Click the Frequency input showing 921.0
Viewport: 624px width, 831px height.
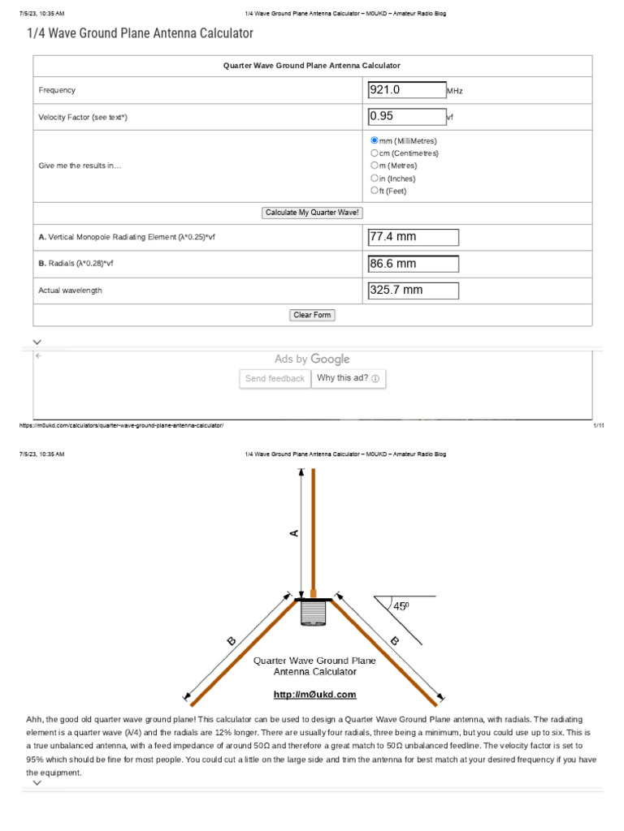tap(407, 90)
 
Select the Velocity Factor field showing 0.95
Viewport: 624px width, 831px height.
tap(407, 116)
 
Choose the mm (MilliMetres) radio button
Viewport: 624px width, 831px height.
tap(375, 140)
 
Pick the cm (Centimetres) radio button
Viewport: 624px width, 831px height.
tap(375, 153)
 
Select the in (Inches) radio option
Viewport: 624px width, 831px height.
tap(375, 178)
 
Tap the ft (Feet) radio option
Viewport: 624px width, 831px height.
tap(375, 191)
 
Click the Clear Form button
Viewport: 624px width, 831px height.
tap(312, 315)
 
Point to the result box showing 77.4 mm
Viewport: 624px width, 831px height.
tap(414, 237)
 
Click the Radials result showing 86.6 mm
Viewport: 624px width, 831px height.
tap(414, 264)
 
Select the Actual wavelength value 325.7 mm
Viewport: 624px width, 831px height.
tap(414, 291)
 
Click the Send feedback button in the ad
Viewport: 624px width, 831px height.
tap(275, 378)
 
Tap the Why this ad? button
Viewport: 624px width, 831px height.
tap(348, 378)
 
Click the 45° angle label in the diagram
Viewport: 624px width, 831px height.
tap(401, 606)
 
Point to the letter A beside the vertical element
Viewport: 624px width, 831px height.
tap(294, 533)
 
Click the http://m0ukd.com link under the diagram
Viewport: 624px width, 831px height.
tap(314, 695)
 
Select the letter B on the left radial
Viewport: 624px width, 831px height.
tap(231, 641)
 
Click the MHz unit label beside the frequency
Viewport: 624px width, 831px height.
tap(455, 92)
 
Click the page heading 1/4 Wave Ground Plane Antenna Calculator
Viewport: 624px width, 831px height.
tap(141, 33)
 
